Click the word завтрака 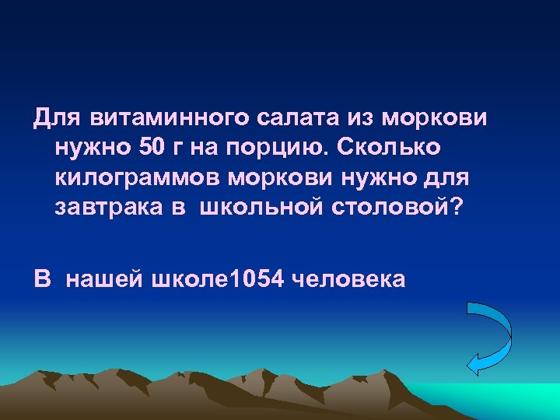pyautogui.click(x=103, y=208)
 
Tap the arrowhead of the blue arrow pyautogui.click(x=474, y=362)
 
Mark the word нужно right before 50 pyautogui.click(x=88, y=148)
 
